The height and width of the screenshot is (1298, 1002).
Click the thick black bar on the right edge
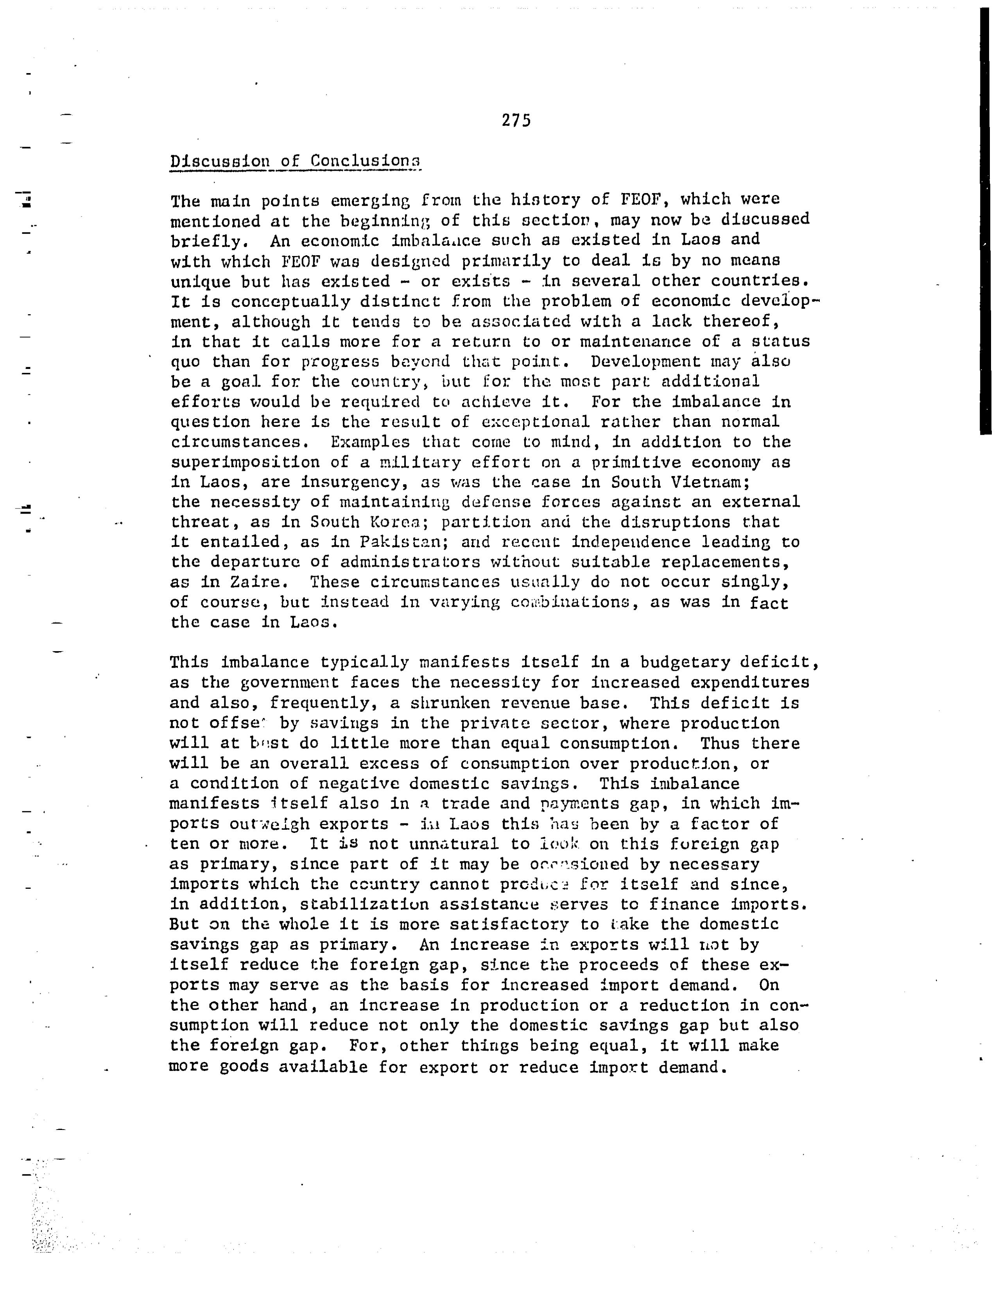click(x=985, y=220)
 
